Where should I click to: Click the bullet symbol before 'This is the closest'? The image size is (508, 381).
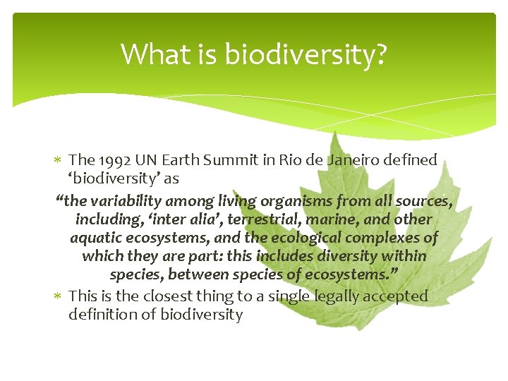(59, 296)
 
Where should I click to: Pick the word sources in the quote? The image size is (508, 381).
(423, 201)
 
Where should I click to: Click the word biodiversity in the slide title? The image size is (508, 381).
(305, 54)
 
